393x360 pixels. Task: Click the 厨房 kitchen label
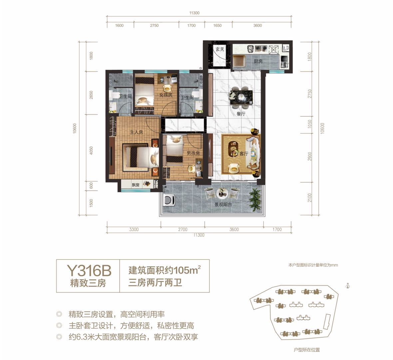pos(258,61)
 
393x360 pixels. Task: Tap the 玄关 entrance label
pos(220,49)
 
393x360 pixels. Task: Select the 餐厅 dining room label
pos(241,114)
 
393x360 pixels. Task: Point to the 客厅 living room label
pos(243,154)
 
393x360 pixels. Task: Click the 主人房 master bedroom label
pos(136,132)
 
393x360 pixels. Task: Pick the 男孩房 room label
pos(193,153)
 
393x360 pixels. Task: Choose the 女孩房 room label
pos(166,95)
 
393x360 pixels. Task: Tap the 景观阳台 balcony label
pos(223,204)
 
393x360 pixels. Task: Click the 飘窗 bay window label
pos(136,185)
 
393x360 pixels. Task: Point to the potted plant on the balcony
pos(255,199)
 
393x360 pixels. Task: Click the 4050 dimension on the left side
pos(91,151)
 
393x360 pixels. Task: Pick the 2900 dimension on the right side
pos(310,156)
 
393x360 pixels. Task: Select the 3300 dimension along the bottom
pos(134,229)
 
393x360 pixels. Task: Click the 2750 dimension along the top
pos(155,25)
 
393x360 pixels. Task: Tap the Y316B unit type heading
pos(89,270)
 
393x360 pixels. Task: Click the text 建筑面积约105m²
pos(165,270)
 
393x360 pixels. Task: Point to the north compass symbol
pos(348,286)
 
